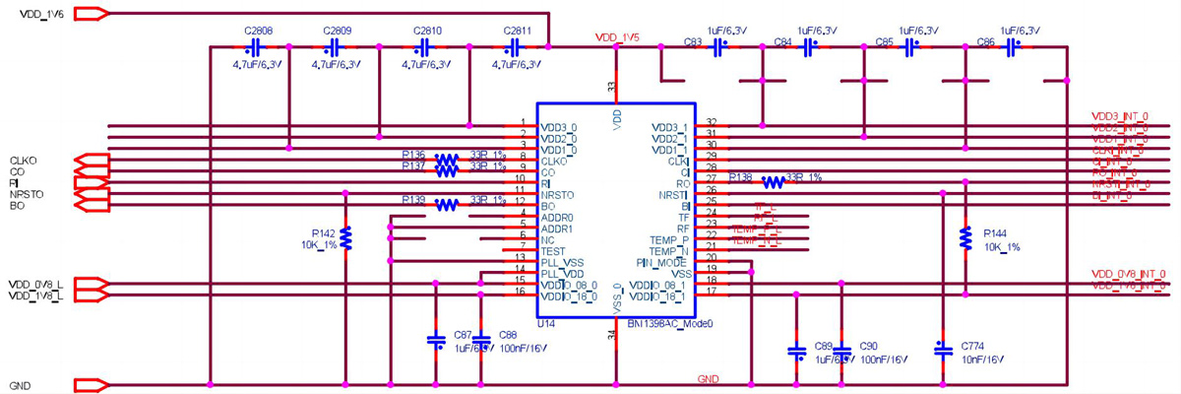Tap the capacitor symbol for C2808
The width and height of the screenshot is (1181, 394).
point(254,47)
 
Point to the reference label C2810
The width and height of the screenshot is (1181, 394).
point(429,31)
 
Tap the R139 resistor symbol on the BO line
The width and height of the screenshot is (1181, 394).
point(447,205)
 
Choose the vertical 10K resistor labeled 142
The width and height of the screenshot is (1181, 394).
point(345,237)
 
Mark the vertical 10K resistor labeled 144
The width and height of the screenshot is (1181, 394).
point(965,237)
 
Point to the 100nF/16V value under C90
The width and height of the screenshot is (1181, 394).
point(881,359)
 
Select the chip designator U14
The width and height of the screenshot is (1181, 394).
point(547,322)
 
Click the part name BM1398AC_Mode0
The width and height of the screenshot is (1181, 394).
point(668,322)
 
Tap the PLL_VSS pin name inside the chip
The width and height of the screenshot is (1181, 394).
point(562,261)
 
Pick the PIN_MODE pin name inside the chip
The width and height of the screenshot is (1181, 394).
point(666,262)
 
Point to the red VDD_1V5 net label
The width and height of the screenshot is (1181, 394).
point(618,37)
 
